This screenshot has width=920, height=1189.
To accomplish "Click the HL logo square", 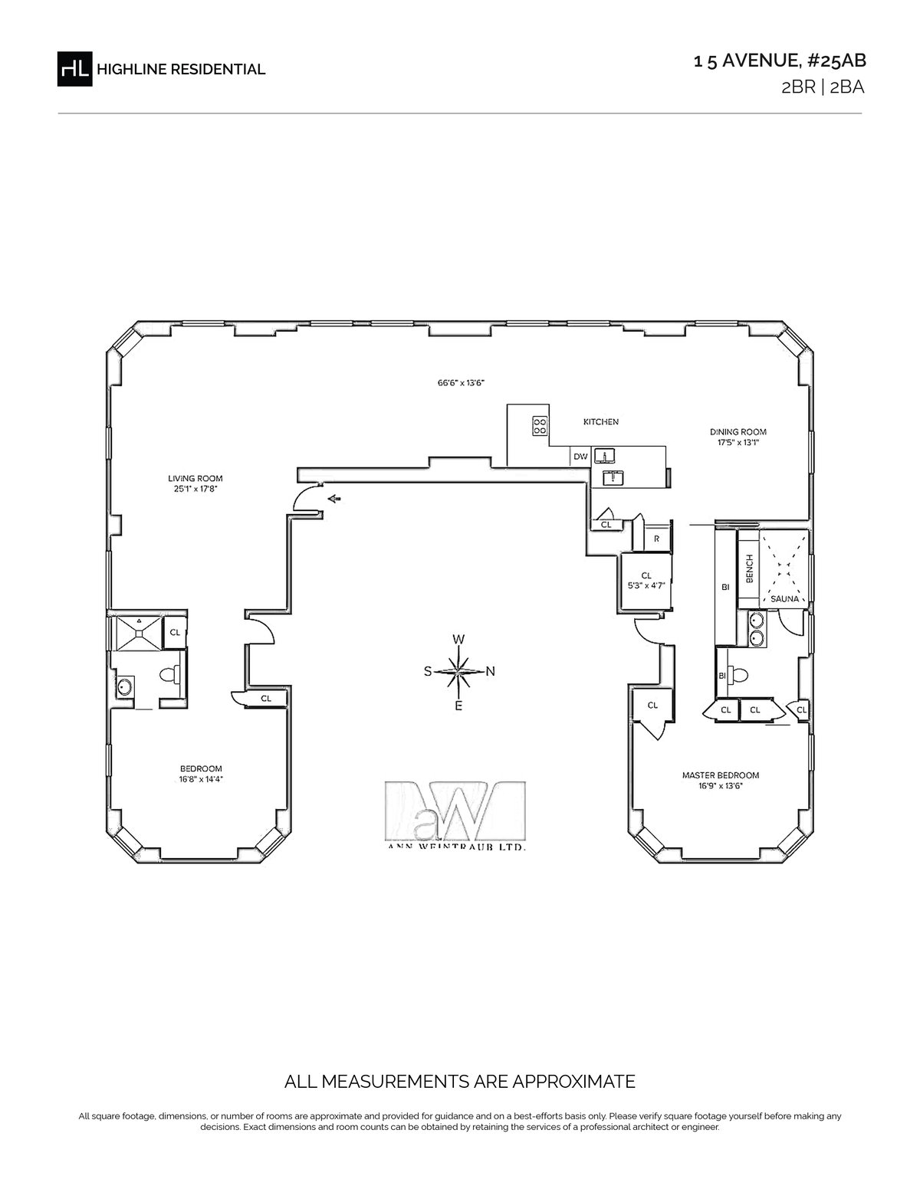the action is point(74,69).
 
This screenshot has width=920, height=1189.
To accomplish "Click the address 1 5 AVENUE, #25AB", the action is point(780,61).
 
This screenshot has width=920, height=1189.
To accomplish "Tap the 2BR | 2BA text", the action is point(823,87).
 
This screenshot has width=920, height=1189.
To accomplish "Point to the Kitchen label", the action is point(601,422).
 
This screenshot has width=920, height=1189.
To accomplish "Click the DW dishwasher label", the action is point(580,457).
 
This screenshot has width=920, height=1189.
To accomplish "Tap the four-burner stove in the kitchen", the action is point(540,426).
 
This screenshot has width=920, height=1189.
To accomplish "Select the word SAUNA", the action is point(784,599).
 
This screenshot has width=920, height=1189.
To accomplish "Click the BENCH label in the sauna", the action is point(750,569).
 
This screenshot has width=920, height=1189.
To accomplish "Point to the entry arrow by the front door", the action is point(333,499).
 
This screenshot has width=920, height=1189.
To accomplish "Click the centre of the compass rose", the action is point(458,671).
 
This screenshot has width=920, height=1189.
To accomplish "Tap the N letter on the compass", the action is point(491,671).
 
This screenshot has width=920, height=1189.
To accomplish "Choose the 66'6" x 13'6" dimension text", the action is point(462,383).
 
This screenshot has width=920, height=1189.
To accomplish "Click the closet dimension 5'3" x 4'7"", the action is point(646,585).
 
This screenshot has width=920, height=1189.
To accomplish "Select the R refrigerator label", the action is point(657,539).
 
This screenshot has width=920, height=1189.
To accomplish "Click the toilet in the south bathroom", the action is point(170,675).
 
